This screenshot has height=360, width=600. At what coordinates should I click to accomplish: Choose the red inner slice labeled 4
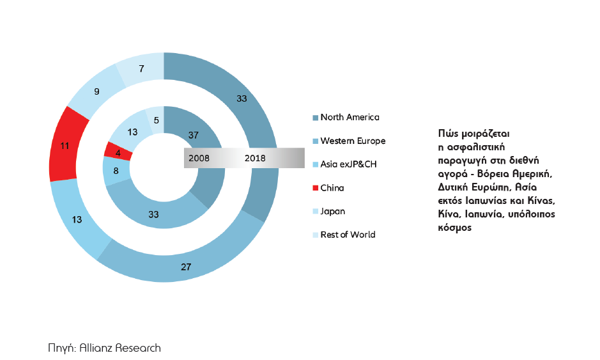coord(118,152)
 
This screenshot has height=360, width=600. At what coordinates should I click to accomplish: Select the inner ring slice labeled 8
coord(116,171)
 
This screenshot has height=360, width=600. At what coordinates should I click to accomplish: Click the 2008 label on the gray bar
coord(198,158)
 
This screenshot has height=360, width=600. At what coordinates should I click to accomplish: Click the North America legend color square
coord(315,118)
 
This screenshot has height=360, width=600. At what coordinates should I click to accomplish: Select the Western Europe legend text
coord(353,141)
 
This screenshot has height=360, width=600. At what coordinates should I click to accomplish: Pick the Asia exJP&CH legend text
coord(348,164)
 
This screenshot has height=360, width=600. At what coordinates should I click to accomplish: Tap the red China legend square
coord(315,188)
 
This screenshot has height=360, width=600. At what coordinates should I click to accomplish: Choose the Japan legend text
coord(332,211)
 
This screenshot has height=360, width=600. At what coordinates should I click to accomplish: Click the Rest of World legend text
coord(348,235)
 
